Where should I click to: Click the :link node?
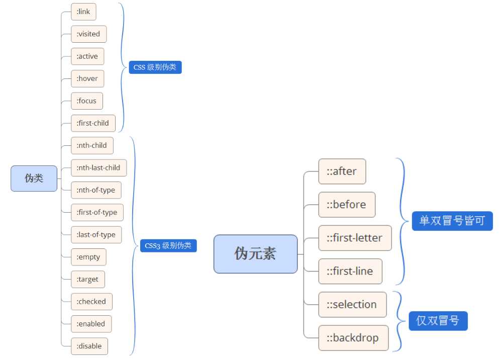pos(83,12)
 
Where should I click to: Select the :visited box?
pos(88,34)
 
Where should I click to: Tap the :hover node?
pos(87,78)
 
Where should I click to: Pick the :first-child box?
pos(93,123)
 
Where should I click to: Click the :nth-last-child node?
pos(98,167)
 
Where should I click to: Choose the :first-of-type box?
pos(97,212)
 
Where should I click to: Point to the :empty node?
pos(88,257)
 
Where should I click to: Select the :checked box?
pos(91,301)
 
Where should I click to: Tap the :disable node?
pos(89,346)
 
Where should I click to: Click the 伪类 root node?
pos(34,178)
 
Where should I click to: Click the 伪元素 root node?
pos(255,254)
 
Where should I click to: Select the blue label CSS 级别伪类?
pos(155,67)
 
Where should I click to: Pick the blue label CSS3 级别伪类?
pos(168,246)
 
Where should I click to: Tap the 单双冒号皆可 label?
pos(452,221)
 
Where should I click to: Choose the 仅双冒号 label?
pos(438,321)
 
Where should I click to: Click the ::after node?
pos(342,171)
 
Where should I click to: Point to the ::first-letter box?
pos(355,238)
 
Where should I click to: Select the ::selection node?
pos(352,305)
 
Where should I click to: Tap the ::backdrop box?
pos(353,338)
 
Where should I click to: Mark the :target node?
pos(87,279)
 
